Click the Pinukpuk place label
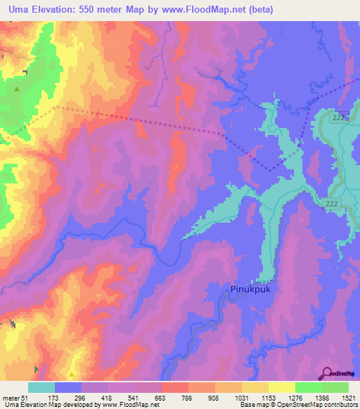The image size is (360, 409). pyautogui.click(x=252, y=289)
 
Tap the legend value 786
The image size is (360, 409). pyautogui.click(x=188, y=397)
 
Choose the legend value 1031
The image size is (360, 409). pyautogui.click(x=241, y=397)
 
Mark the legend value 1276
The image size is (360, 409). pyautogui.click(x=295, y=397)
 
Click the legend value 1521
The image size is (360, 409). pyautogui.click(x=347, y=397)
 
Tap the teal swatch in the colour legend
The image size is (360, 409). pyautogui.click(x=41, y=387)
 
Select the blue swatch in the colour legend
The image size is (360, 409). pyautogui.click(x=68, y=387)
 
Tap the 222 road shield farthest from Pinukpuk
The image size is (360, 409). pyautogui.click(x=339, y=117)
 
